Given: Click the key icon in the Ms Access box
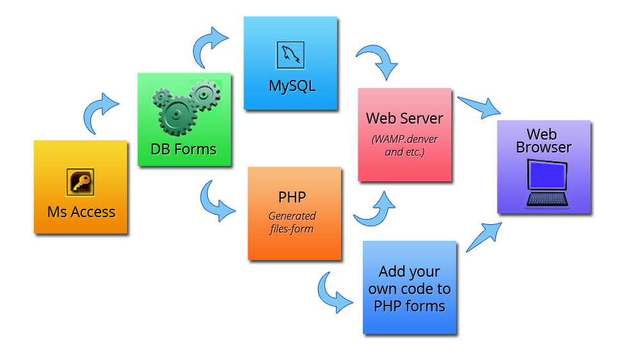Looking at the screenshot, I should [80, 182].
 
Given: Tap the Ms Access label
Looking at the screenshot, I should [81, 212].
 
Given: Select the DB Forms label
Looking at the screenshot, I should [183, 149].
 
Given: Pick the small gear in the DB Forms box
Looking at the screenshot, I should [206, 95].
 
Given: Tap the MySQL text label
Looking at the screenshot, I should [292, 86].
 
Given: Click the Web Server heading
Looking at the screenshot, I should [404, 119].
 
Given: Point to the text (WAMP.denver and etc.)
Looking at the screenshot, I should [404, 146].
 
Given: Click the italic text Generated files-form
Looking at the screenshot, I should [292, 222].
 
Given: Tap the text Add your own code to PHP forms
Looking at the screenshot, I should [410, 289].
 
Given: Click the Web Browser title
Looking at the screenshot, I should [544, 141].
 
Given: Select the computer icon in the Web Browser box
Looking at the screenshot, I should [546, 184].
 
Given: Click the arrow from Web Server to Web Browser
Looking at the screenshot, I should [478, 104].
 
